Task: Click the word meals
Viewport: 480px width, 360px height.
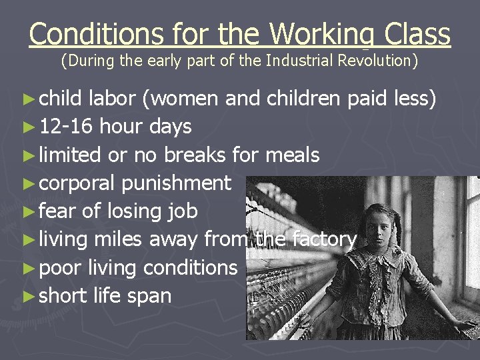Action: [x=293, y=155]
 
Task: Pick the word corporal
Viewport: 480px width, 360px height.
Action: [x=75, y=183]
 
